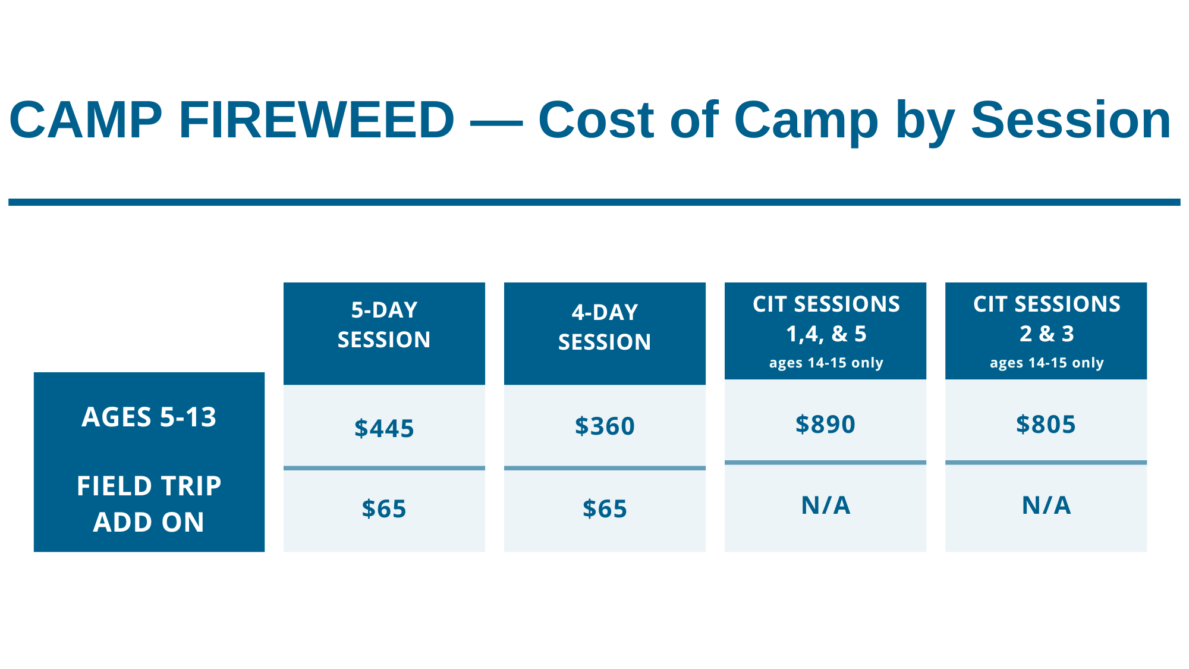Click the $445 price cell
pos(384,428)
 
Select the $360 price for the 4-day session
pos(605,426)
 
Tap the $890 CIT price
pos(825,424)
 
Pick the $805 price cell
pos(1046,424)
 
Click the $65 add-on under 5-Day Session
pos(384,509)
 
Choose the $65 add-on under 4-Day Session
pos(605,509)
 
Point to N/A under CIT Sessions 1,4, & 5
pos(825,505)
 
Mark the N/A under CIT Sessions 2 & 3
pos(1046,505)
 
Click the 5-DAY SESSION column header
pos(384,325)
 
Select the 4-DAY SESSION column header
pos(605,327)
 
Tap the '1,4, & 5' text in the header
pos(826,334)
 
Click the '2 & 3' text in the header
pos(1046,334)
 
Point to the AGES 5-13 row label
pos(149,417)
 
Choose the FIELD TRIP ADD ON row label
pos(149,504)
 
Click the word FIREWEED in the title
pos(316,120)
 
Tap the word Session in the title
pos(1071,120)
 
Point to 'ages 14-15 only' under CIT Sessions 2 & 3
pos(1046,363)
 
